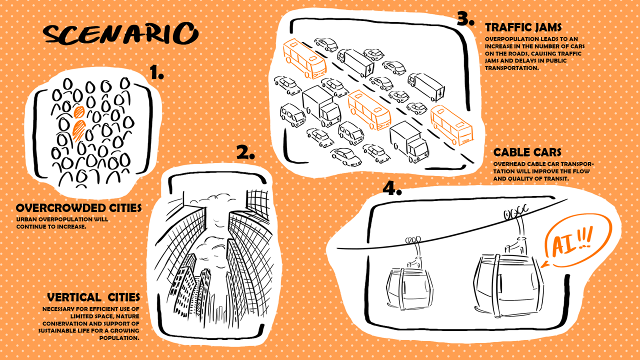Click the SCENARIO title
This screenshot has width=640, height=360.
(120, 33)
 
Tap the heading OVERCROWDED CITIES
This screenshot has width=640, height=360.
(79, 208)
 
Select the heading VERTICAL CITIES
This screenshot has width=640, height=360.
(93, 297)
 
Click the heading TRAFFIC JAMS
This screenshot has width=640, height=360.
(523, 27)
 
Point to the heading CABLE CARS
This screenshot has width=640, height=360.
(527, 152)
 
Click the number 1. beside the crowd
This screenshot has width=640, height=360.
(157, 72)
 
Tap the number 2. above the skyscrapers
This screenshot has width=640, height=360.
(245, 152)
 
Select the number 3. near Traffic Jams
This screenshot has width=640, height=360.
(465, 18)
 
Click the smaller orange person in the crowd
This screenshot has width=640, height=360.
(79, 112)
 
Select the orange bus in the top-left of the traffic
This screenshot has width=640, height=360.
(304, 58)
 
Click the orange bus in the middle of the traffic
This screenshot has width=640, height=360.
(369, 110)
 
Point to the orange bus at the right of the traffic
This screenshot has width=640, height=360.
(451, 125)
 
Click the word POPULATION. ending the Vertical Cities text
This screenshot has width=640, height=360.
(119, 338)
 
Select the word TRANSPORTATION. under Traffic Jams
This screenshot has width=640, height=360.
(511, 68)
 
